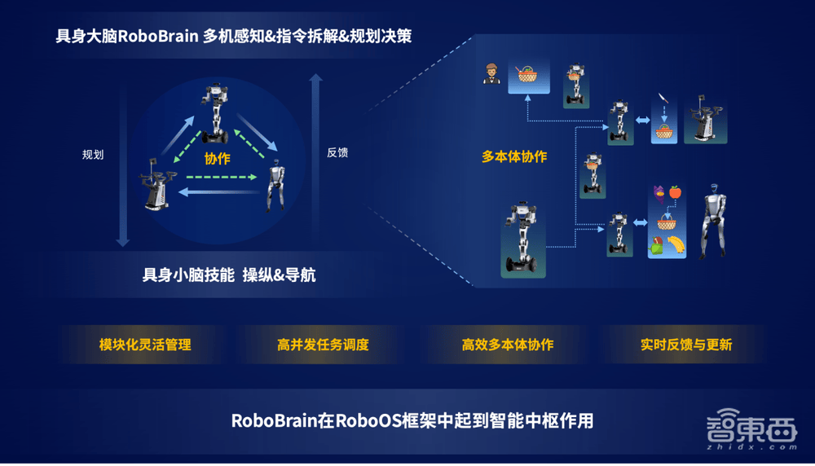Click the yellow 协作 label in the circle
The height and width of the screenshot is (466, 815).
(x=218, y=158)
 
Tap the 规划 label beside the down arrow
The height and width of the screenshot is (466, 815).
(x=93, y=154)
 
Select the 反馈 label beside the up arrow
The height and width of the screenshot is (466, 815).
(x=337, y=152)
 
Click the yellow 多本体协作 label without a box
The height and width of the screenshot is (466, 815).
(x=514, y=156)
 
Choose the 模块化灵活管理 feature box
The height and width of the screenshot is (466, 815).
(x=145, y=345)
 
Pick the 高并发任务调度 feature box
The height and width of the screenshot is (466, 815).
(x=323, y=345)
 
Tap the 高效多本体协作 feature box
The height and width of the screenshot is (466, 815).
(x=507, y=345)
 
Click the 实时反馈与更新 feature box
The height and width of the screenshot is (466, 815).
(x=686, y=345)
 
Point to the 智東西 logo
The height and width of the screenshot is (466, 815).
(x=751, y=429)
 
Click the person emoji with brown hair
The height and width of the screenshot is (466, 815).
(x=491, y=74)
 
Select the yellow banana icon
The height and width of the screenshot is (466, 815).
(x=675, y=244)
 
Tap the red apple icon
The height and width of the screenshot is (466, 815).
(x=675, y=192)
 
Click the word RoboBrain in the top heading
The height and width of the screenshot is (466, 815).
(x=158, y=37)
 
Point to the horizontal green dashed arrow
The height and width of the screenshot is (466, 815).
(x=222, y=177)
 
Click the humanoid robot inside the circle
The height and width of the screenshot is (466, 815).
(x=275, y=186)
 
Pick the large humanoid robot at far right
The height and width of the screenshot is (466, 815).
(x=714, y=221)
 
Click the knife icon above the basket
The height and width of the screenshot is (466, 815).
(x=662, y=99)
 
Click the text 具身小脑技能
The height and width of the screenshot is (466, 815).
(x=188, y=275)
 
